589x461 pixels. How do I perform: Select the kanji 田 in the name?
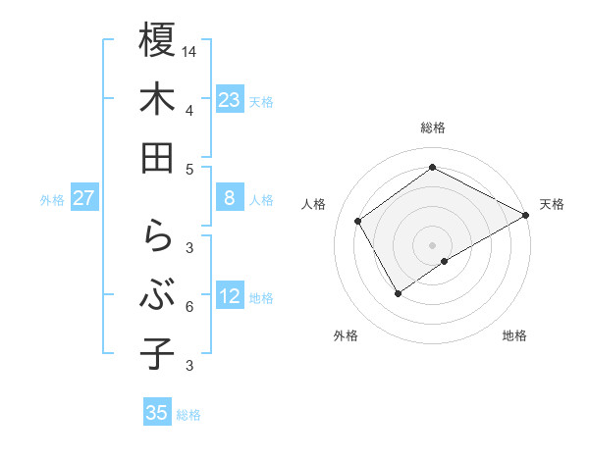(157, 157)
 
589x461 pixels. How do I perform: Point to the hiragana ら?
(157, 236)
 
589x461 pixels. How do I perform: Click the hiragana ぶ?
(157, 294)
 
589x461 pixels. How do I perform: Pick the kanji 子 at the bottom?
(157, 353)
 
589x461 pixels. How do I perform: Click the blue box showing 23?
(229, 100)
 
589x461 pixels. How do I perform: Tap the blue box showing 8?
(229, 198)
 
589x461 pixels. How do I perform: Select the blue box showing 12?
(229, 296)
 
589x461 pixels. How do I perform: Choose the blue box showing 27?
(84, 198)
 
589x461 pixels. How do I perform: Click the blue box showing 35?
(157, 413)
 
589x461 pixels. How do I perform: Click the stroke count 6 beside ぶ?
(188, 307)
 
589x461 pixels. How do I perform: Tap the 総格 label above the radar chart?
(432, 128)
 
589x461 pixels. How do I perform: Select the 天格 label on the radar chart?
(552, 204)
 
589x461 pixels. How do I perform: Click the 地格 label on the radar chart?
(514, 335)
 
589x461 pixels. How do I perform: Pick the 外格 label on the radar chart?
(346, 335)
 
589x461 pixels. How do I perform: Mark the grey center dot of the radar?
(432, 243)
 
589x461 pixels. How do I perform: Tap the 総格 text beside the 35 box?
(188, 415)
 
